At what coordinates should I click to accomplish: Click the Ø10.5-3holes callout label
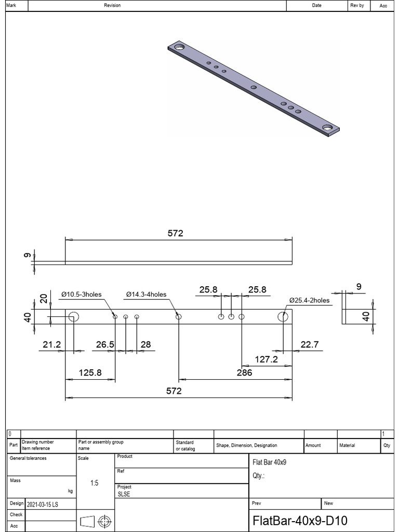tap(81, 295)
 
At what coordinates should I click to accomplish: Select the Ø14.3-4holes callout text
tap(146, 295)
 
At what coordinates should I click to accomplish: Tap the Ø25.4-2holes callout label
tap(309, 300)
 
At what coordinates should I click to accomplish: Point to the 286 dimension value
tap(244, 373)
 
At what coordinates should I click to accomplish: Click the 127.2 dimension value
tap(267, 359)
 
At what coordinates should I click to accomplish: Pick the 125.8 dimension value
tap(90, 373)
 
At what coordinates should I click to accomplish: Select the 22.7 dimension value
tap(309, 344)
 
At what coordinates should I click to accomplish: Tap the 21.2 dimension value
tap(51, 344)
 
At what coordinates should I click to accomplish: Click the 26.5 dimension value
tap(105, 344)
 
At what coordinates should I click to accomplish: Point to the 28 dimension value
tap(145, 344)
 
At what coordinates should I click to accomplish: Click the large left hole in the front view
tap(73, 316)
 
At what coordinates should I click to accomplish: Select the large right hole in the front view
tap(283, 316)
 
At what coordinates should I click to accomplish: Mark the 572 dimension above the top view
tap(176, 234)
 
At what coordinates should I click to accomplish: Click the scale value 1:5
tap(95, 483)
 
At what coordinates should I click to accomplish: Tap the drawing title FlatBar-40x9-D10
tap(300, 521)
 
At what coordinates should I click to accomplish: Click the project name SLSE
tap(124, 495)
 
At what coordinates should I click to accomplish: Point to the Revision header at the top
tap(112, 6)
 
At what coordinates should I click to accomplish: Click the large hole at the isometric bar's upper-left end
tap(180, 47)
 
